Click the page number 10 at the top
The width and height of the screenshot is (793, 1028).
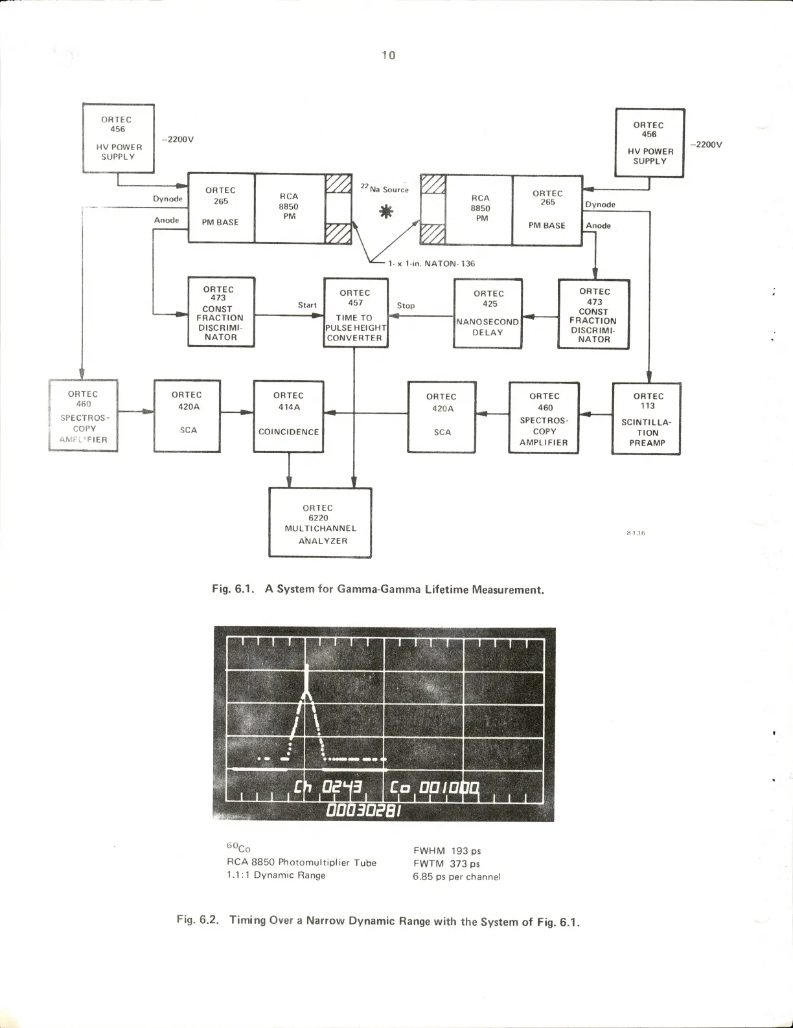click(x=388, y=55)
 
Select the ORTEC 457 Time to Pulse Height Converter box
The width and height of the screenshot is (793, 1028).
click(x=355, y=313)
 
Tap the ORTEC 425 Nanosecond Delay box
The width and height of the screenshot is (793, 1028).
click(x=488, y=313)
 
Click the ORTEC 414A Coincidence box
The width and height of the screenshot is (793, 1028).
click(x=288, y=416)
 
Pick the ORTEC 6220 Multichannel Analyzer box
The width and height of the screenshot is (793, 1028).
click(x=320, y=522)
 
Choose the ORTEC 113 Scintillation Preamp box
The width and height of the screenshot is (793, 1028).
click(x=646, y=419)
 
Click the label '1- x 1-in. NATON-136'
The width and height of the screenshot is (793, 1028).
click(x=431, y=263)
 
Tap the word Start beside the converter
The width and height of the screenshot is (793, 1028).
click(x=307, y=305)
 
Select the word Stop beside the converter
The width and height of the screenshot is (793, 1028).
click(x=406, y=306)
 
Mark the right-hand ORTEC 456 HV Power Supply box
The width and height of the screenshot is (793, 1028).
click(x=649, y=143)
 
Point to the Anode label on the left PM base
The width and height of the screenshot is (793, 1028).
click(x=167, y=220)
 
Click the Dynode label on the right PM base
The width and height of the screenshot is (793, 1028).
click(x=600, y=205)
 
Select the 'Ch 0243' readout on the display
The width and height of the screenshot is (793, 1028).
click(x=332, y=788)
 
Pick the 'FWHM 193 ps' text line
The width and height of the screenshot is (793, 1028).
click(x=447, y=851)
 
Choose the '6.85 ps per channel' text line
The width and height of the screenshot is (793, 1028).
click(x=456, y=877)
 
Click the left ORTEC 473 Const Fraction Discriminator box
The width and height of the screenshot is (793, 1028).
click(x=220, y=313)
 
